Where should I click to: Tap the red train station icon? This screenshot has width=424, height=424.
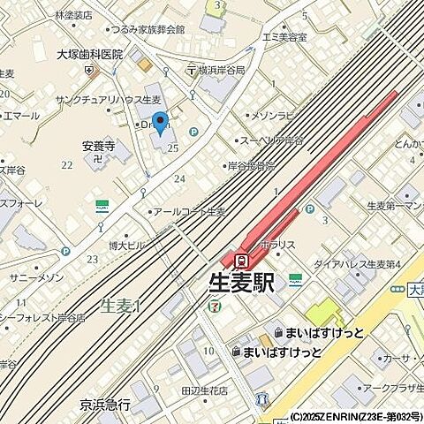241,260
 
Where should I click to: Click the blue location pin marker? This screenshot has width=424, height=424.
160,124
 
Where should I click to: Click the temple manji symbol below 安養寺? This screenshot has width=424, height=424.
95,160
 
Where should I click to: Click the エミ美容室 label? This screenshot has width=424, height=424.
285,38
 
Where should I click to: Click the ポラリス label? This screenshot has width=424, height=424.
276,243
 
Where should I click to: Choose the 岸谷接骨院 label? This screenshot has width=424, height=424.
251,165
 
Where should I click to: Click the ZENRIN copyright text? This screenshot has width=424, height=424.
356,416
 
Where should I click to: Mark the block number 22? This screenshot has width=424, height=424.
66,165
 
